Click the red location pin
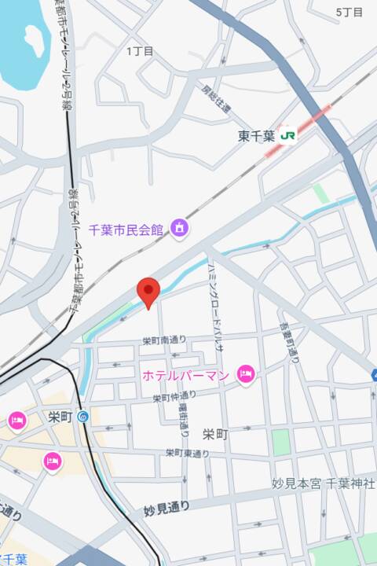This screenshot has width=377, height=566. (148, 292)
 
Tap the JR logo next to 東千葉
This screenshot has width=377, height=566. (288, 135)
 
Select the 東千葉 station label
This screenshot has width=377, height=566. (257, 135)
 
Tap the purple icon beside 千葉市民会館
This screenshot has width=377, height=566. (180, 229)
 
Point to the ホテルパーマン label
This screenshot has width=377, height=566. (185, 375)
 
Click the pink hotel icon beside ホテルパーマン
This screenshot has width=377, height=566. (246, 374)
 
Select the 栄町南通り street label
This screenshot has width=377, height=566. (165, 340)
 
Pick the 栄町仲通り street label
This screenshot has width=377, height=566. (175, 398)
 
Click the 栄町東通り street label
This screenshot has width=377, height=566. (188, 454)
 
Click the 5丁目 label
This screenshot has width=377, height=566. (350, 13)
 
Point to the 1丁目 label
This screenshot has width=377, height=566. (140, 51)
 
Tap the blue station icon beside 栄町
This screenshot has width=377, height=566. (84, 416)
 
